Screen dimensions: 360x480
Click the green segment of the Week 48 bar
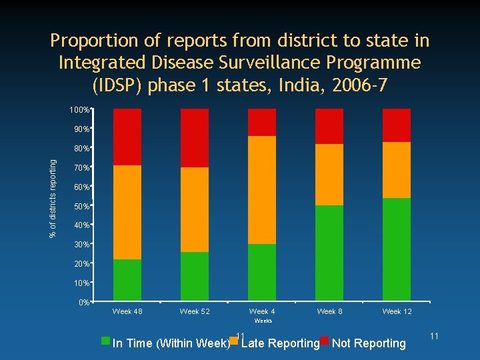(127, 279)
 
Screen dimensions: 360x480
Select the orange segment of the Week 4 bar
(262, 190)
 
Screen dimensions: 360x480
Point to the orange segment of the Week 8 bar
(329, 175)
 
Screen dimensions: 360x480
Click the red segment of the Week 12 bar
(397, 125)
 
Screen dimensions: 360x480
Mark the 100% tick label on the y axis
(80, 109)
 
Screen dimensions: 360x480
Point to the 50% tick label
(81, 207)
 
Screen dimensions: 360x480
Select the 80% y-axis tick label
(81, 149)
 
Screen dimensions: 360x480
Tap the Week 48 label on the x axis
(127, 311)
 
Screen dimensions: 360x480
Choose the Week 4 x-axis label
(262, 311)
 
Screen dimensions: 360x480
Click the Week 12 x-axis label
(397, 311)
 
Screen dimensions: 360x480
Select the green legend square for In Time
(105, 341)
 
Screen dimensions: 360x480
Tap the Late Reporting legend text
(280, 343)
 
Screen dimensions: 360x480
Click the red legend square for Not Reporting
(325, 341)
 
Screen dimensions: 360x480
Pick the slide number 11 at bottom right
(434, 337)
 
